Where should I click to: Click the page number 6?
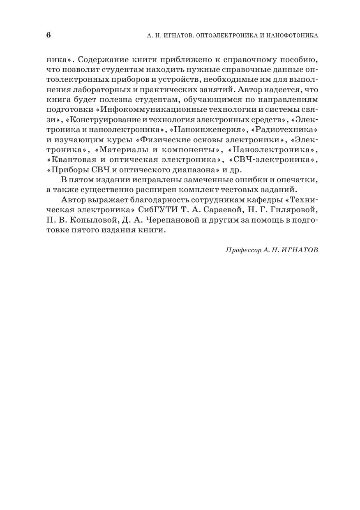pyautogui.click(x=48, y=35)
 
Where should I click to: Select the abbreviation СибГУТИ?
pyautogui.click(x=157, y=210)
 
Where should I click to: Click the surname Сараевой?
pyautogui.click(x=219, y=210)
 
